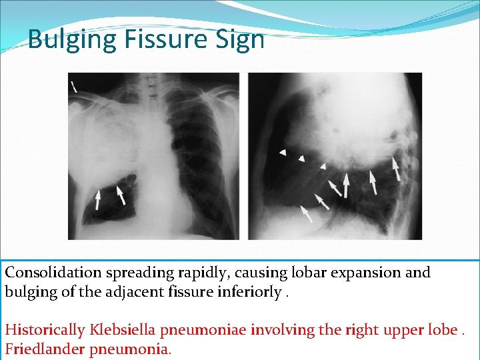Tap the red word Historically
(x=45, y=329)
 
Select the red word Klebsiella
(x=120, y=329)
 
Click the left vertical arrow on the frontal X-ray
(x=98, y=199)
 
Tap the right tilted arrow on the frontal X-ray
(x=121, y=195)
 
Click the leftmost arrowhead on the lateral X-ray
(x=282, y=153)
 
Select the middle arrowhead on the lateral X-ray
(x=302, y=158)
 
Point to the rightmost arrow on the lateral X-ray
(x=397, y=169)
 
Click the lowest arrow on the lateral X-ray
(x=306, y=213)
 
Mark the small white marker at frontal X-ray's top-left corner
(x=73, y=85)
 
